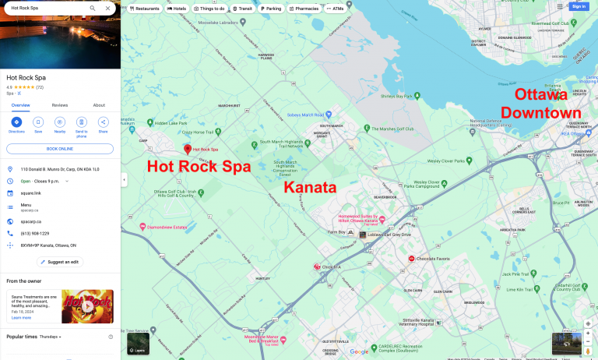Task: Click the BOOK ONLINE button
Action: tap(59, 148)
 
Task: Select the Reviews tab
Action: tap(60, 105)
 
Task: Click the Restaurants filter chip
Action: tap(145, 9)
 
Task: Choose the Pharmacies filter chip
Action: tap(304, 9)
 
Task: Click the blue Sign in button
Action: tap(578, 6)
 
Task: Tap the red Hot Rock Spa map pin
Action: tap(187, 148)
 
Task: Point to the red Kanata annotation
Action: tap(309, 188)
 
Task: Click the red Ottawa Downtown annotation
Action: tap(541, 104)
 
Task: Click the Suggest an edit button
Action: tap(59, 262)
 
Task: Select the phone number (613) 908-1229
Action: tap(35, 233)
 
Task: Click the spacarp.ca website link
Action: tap(30, 221)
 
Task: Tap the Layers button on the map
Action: tap(138, 344)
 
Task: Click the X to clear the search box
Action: tap(107, 8)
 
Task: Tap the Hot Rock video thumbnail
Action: tap(87, 305)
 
